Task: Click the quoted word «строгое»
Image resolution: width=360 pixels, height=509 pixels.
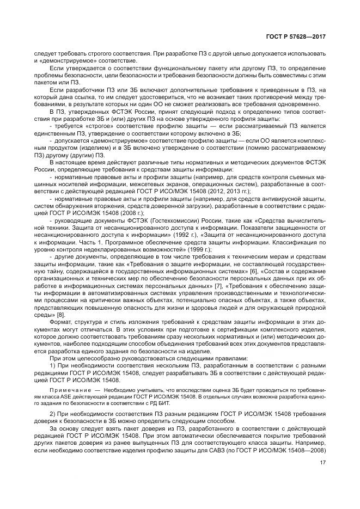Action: tap(91, 125)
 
